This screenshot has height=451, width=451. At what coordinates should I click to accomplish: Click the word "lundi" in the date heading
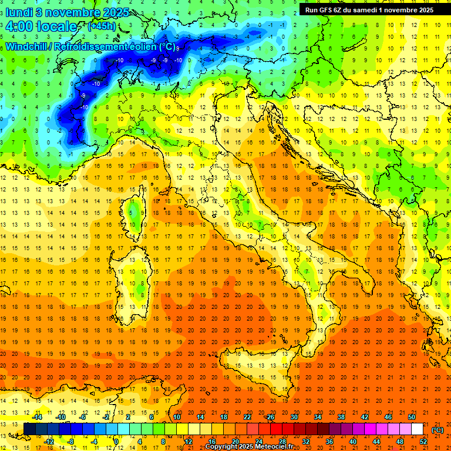(18, 12)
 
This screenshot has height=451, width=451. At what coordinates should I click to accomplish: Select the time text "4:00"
(19, 26)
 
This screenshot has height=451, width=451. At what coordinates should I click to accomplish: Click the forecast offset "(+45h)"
(102, 26)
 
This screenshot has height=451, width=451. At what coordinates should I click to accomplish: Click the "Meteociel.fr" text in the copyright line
(274, 447)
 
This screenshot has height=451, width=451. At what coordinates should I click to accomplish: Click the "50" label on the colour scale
(412, 417)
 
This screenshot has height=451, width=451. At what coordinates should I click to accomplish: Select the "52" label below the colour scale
(423, 442)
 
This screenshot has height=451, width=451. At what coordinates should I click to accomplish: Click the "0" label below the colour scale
(117, 442)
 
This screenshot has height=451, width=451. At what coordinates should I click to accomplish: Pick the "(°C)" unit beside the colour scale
(437, 430)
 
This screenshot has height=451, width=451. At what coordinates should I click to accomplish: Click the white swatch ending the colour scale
(418, 429)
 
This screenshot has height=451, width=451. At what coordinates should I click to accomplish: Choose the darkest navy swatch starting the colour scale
(29, 429)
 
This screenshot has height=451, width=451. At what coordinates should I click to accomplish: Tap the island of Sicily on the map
(258, 373)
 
